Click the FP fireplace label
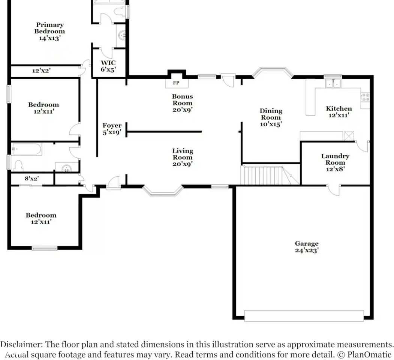176,83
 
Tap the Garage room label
307,247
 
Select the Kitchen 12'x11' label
339,112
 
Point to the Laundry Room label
335,162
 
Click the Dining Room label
271,117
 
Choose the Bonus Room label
183,103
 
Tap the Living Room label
183,157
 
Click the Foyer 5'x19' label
112,129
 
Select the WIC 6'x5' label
108,66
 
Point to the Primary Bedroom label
50,31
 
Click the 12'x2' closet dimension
42,70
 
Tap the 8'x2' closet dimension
31,178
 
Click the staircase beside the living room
270,175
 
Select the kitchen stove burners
365,97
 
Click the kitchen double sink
333,83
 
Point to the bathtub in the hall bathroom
26,149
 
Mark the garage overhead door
304,315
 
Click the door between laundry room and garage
333,190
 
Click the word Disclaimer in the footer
20,344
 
